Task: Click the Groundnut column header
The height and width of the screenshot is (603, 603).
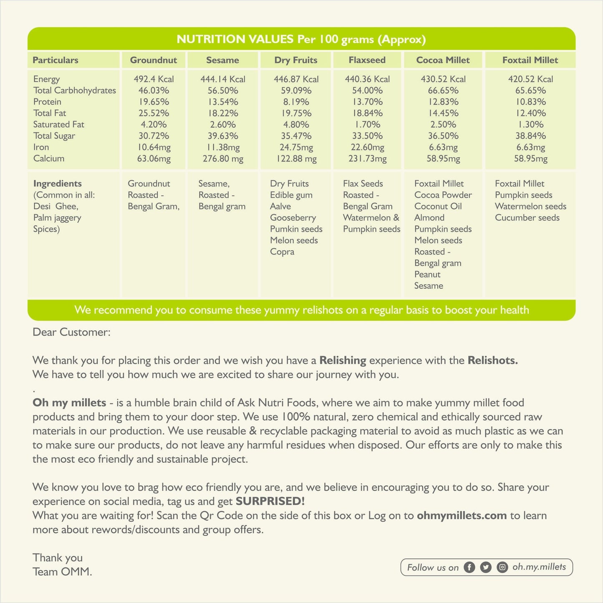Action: [x=154, y=60]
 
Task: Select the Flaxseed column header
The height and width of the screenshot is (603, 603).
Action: [x=367, y=60]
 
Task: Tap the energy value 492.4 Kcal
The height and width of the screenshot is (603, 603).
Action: [x=154, y=79]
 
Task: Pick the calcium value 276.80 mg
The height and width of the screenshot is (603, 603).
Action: [x=223, y=159]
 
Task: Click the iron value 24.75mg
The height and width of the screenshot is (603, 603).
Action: [x=296, y=147]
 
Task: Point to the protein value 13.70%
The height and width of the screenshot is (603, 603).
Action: [x=367, y=102]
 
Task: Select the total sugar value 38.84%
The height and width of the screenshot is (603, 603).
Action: [x=530, y=136]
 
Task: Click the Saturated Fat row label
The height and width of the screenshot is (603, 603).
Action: [x=59, y=124]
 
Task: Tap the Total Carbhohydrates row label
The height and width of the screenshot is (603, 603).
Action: [x=75, y=91]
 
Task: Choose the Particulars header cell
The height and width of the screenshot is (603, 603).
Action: [x=56, y=60]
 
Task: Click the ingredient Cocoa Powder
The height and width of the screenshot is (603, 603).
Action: [x=443, y=195]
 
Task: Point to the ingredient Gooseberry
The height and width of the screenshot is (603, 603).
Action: [x=293, y=218]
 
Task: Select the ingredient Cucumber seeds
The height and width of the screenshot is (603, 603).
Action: [x=527, y=218]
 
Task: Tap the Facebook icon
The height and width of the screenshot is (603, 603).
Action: [x=469, y=568]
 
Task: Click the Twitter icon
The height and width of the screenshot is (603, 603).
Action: [x=486, y=568]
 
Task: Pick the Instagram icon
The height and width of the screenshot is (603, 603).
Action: [x=502, y=568]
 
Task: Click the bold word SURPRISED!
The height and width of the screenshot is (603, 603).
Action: [x=270, y=501]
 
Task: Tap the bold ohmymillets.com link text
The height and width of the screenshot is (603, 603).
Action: [x=462, y=515]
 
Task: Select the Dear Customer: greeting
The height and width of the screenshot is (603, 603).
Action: [x=71, y=332]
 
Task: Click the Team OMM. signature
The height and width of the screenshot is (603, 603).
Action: [x=62, y=572]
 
